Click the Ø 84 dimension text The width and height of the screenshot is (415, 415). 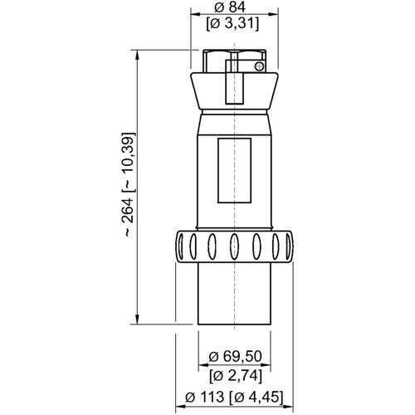(x=236, y=7)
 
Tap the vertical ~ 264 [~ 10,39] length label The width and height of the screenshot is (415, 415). (x=126, y=187)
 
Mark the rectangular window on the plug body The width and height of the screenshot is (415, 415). (x=234, y=171)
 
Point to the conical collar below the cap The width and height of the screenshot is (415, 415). (x=235, y=94)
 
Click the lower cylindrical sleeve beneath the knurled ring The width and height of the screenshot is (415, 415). (x=235, y=295)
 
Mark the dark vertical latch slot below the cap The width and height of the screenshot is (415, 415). (x=232, y=84)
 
